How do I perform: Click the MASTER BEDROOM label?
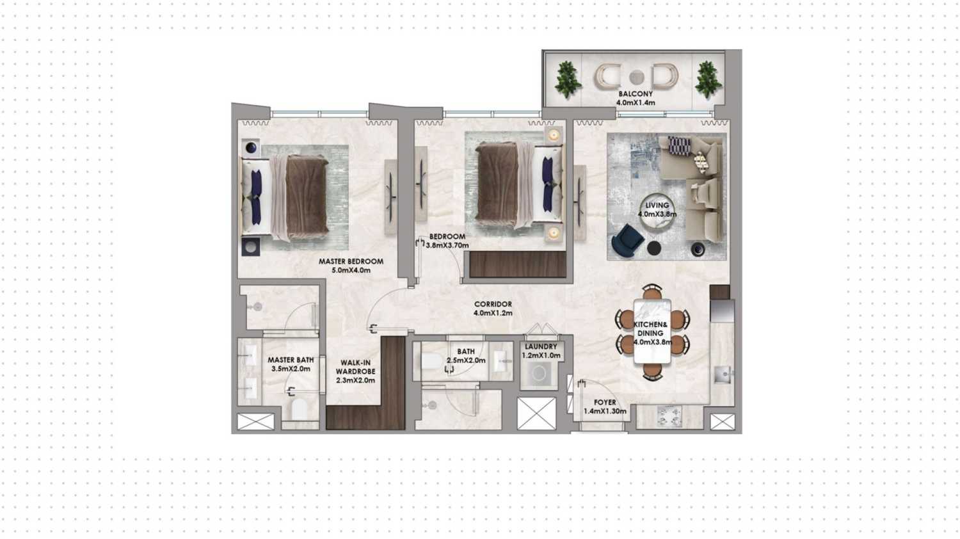(x=351, y=265)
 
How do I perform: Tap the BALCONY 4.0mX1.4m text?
(x=635, y=98)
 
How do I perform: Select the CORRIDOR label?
(x=493, y=309)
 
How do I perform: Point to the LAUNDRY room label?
(x=541, y=351)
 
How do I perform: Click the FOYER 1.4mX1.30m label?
(x=604, y=406)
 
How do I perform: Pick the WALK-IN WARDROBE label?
(x=355, y=371)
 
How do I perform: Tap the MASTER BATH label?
(x=291, y=364)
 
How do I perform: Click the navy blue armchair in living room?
(x=627, y=241)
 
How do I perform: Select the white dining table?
(x=652, y=332)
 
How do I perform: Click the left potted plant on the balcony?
(x=567, y=79)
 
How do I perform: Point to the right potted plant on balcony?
(x=707, y=79)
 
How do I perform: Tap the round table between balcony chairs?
(x=636, y=77)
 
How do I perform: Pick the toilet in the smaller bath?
(x=432, y=362)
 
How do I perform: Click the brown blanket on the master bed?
(x=306, y=195)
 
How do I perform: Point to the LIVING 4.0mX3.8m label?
(x=657, y=210)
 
